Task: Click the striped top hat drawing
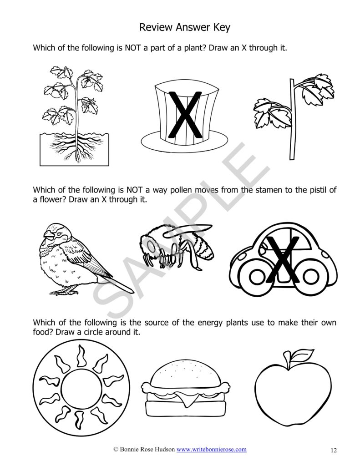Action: [184, 114]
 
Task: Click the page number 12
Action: [334, 451]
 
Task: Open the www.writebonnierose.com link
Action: [212, 449]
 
